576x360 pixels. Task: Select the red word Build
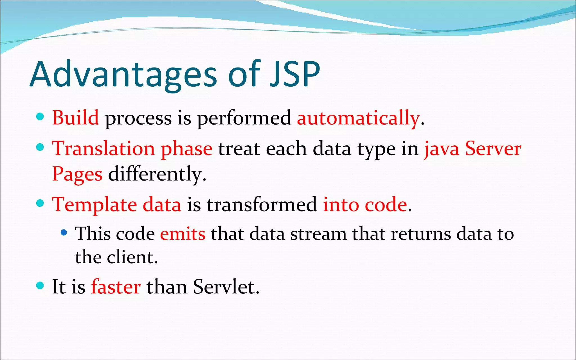tap(75, 118)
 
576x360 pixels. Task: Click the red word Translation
tap(103, 148)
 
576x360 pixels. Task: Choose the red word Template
tap(94, 205)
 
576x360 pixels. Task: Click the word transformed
tap(262, 205)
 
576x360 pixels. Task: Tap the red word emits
tap(183, 234)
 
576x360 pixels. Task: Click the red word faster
tap(116, 287)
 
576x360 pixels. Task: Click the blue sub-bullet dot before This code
tap(64, 232)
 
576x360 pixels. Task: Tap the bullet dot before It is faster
tap(40, 286)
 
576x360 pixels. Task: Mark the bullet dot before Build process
tap(40, 116)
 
